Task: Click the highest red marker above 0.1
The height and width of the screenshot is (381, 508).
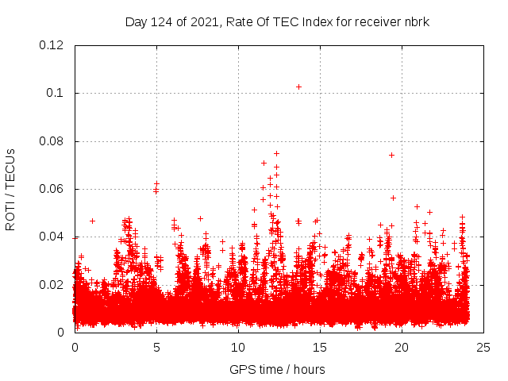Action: coord(298,87)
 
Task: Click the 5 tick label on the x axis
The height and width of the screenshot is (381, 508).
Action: coord(156,347)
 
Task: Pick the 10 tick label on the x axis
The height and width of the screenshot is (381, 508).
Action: coord(238,347)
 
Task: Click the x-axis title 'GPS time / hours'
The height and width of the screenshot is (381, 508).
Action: coord(277,369)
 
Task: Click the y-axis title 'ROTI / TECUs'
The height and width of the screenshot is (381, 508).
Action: coord(10,189)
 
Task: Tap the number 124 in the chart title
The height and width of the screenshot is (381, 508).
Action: coord(163,21)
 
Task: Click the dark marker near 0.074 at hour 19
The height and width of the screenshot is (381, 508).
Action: coord(391,155)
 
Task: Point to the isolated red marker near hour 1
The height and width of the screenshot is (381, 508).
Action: coord(92,221)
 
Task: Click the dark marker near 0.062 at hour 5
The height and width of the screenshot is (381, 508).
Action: coord(156,184)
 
